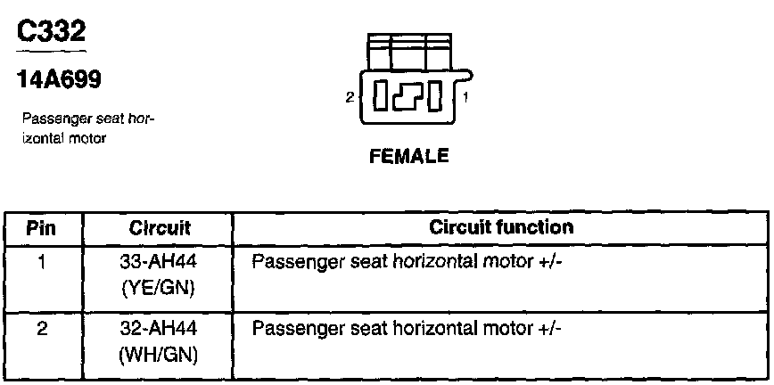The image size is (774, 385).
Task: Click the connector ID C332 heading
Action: [x=53, y=33]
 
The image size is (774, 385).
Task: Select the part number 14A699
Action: [x=60, y=79]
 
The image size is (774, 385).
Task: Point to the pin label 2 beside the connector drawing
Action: [x=350, y=96]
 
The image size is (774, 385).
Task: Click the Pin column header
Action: [x=42, y=228]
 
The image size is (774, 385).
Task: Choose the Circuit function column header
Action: [x=500, y=228]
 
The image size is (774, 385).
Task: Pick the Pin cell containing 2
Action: [x=42, y=328]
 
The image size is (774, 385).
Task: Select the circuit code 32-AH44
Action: [x=157, y=328]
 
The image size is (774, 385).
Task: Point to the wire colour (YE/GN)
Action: [x=157, y=289]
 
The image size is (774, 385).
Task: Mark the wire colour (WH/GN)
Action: [x=157, y=355]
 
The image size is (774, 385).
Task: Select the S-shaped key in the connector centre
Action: [x=409, y=95]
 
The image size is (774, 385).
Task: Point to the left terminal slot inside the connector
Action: [x=380, y=95]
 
